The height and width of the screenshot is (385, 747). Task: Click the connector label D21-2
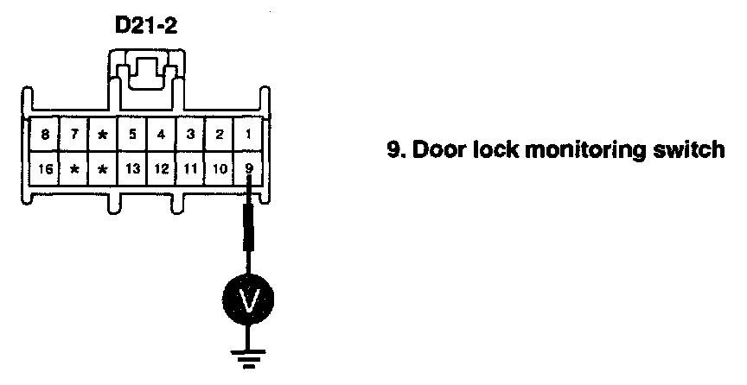pyautogui.click(x=146, y=28)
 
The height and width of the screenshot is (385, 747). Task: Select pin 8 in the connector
pyautogui.click(x=44, y=136)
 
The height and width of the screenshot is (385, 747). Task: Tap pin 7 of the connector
pyautogui.click(x=74, y=136)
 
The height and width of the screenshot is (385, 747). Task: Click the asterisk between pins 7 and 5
pyautogui.click(x=103, y=136)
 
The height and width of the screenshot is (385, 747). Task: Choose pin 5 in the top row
pyautogui.click(x=132, y=136)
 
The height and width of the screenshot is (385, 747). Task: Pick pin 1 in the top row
pyautogui.click(x=249, y=136)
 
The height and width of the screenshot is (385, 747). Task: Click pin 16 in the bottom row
pyautogui.click(x=44, y=167)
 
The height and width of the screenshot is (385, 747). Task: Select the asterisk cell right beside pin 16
pyautogui.click(x=74, y=167)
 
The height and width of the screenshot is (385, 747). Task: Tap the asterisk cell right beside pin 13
pyautogui.click(x=103, y=167)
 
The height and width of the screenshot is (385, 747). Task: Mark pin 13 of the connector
pyautogui.click(x=132, y=167)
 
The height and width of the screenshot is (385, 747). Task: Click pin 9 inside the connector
pyautogui.click(x=249, y=167)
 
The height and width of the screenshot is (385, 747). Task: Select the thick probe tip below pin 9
pyautogui.click(x=250, y=226)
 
